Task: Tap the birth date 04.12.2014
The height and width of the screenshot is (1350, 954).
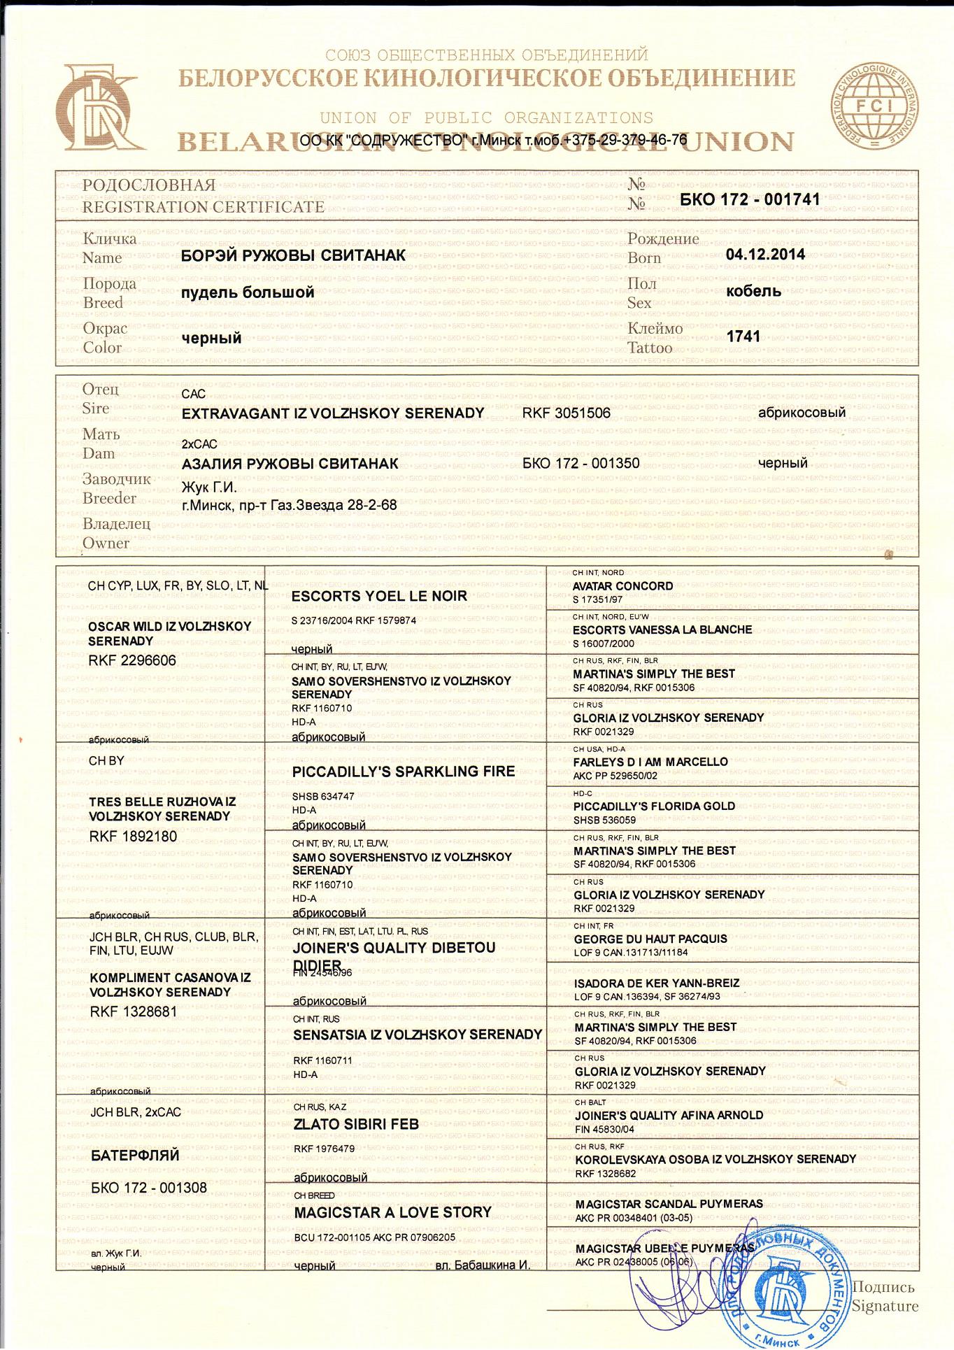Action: pos(765,254)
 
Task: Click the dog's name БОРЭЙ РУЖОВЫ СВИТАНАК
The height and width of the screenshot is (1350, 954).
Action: pos(293,255)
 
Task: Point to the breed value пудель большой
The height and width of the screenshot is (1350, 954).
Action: pos(248,292)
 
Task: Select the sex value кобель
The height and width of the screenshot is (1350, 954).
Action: pos(753,291)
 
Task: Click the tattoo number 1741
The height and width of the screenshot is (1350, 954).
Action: pos(743,336)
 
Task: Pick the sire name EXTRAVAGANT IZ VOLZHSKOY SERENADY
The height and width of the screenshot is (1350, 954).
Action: pos(333,413)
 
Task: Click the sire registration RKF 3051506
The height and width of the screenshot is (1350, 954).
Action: pos(567,413)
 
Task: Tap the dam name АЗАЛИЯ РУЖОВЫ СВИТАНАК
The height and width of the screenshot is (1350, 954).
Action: pos(290,464)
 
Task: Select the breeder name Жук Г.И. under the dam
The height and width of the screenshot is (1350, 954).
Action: pos(209,488)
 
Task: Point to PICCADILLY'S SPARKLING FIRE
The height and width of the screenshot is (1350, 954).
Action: pos(404,772)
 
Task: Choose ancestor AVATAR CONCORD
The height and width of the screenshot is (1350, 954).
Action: pos(622,586)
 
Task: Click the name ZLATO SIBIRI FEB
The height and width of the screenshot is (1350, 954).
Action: pos(356,1124)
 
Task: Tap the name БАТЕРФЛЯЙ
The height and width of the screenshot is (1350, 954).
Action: pos(135,1156)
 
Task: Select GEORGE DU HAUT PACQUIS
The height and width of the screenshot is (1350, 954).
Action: pos(650,939)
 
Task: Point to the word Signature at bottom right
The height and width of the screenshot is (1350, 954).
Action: pos(885,1306)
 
